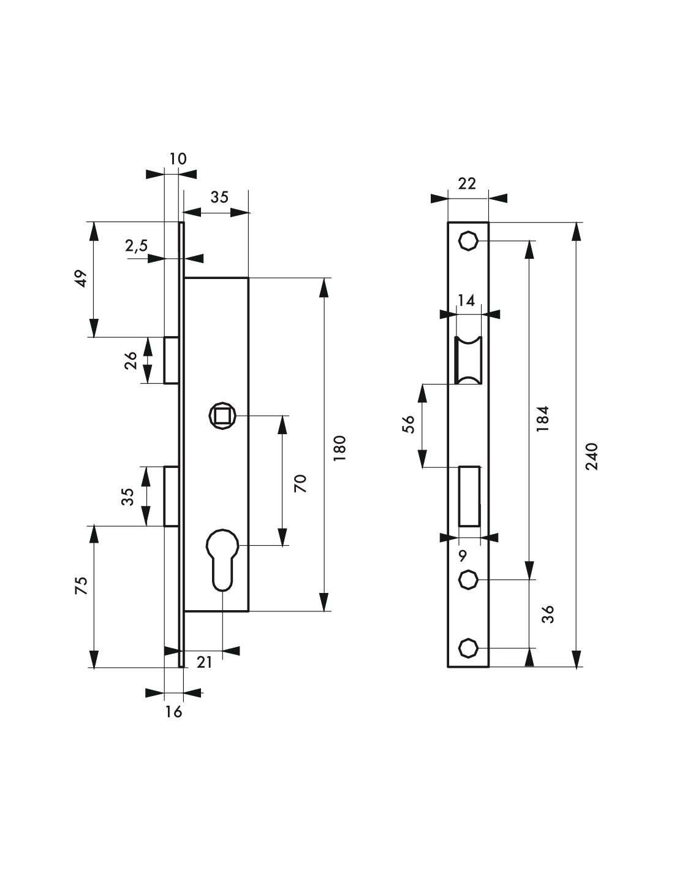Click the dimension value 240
tap(591, 456)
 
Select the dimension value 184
tap(542, 418)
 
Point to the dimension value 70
tap(300, 483)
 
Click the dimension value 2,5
tap(136, 246)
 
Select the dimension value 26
tap(131, 361)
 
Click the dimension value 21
tap(204, 662)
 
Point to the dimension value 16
tap(173, 711)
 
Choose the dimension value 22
tap(467, 183)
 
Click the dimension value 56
tap(409, 424)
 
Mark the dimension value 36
tap(548, 613)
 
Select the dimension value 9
tap(463, 556)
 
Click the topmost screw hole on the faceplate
tap(468, 241)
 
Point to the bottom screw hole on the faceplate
tap(468, 648)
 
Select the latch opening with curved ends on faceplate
tap(469, 361)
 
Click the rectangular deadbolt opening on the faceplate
tap(469, 495)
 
